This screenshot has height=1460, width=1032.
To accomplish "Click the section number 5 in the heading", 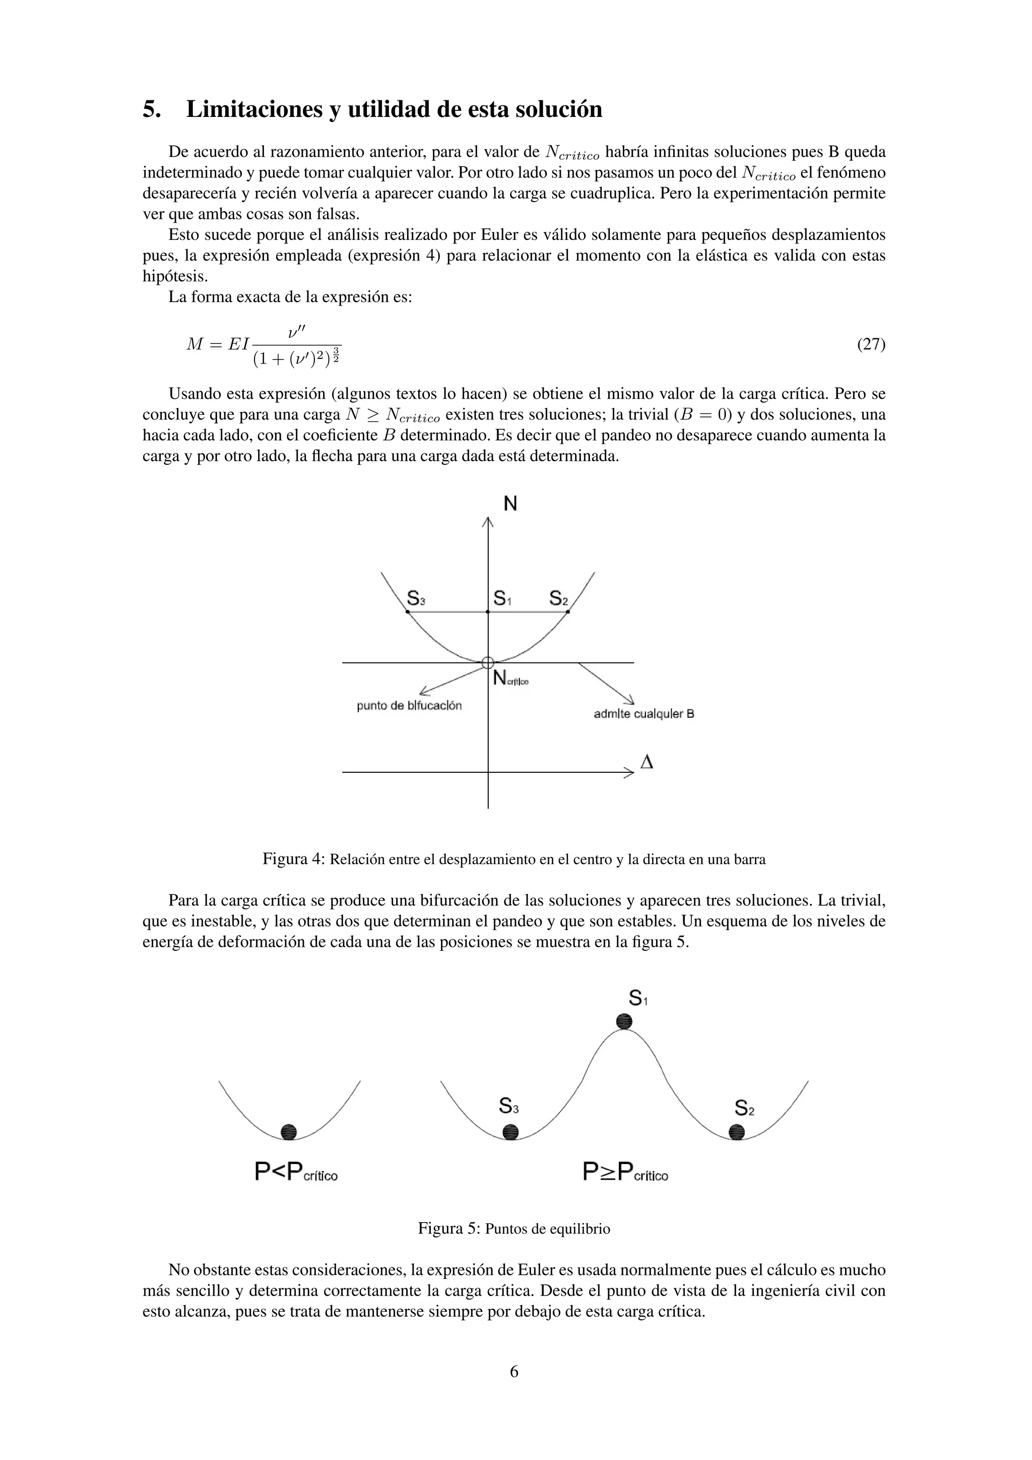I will tap(150, 110).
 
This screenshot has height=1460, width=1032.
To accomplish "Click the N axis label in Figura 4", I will tap(510, 504).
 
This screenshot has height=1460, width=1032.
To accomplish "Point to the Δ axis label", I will tap(647, 762).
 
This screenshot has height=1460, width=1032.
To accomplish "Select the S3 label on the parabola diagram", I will tap(416, 598).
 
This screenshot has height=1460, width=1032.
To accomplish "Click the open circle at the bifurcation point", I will tap(488, 662).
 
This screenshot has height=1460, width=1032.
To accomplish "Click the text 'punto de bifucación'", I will tap(409, 706).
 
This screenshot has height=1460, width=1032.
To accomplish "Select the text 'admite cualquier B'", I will tap(643, 714).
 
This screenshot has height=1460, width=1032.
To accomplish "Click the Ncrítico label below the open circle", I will tap(510, 679).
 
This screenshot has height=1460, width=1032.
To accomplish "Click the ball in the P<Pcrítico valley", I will tap(289, 1131).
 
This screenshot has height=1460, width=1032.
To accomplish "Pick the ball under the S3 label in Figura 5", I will tap(510, 1132).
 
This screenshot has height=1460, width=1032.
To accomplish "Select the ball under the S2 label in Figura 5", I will tap(737, 1132).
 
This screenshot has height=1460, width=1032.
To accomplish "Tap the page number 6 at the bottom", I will tap(514, 1372).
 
